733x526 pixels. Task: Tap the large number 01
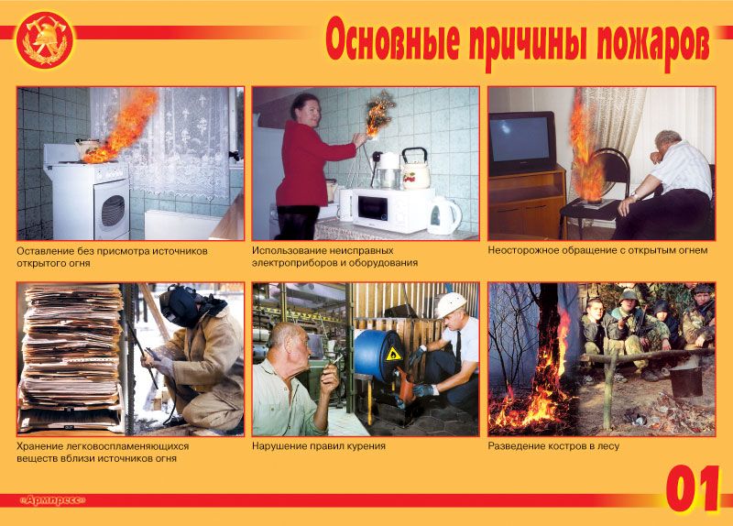pyautogui.click(x=692, y=488)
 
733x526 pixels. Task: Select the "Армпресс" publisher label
pyautogui.click(x=52, y=499)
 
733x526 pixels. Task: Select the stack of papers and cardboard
pyautogui.click(x=71, y=357)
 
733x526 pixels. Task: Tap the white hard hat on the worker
pyautogui.click(x=450, y=303)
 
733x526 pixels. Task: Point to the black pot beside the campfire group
pyautogui.click(x=685, y=380)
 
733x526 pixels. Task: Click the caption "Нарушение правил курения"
pyautogui.click(x=318, y=446)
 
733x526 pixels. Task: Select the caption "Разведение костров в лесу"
pyautogui.click(x=553, y=446)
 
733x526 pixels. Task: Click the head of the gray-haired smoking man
pyautogui.click(x=290, y=338)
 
